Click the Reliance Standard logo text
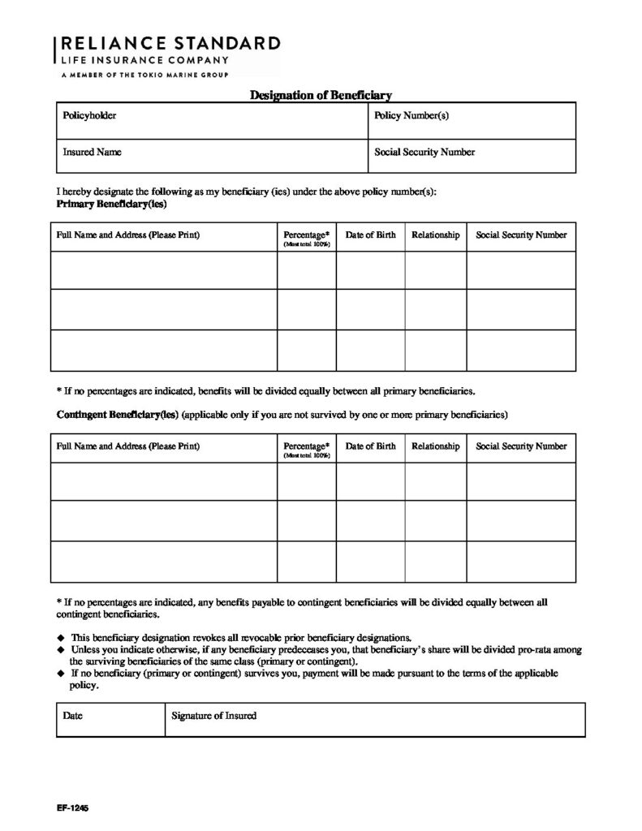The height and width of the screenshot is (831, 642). (x=168, y=44)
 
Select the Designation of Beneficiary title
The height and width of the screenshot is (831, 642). (x=321, y=96)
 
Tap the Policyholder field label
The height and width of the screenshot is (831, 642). (x=89, y=116)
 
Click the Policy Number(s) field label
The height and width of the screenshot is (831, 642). (x=411, y=116)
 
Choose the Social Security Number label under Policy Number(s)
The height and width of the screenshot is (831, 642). (x=424, y=152)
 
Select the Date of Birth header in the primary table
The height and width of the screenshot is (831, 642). (x=371, y=235)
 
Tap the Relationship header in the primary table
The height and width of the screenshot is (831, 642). (x=436, y=235)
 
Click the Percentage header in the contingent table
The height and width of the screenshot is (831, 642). (x=307, y=446)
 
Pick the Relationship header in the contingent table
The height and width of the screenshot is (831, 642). (x=436, y=446)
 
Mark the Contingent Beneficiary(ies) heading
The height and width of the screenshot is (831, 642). (x=117, y=415)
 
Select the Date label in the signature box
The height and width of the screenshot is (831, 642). (x=73, y=716)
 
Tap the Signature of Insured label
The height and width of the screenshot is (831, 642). (x=214, y=716)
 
